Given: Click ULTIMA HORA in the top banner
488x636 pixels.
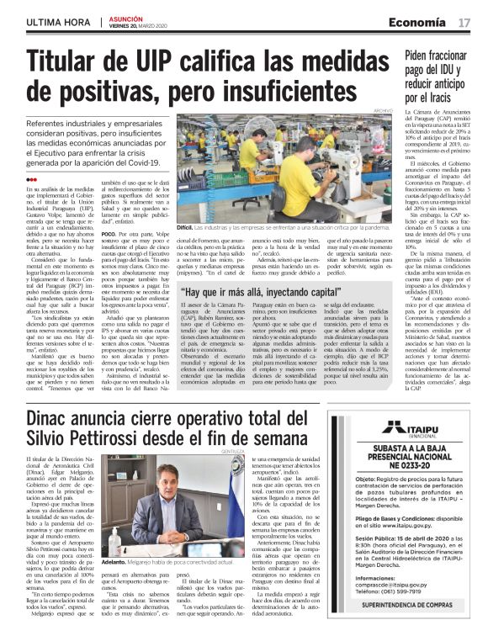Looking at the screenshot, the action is tap(56, 21).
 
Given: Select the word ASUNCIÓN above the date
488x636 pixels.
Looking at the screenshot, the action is tap(126, 17).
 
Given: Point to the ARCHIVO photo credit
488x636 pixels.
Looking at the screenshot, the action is tap(383, 110).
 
